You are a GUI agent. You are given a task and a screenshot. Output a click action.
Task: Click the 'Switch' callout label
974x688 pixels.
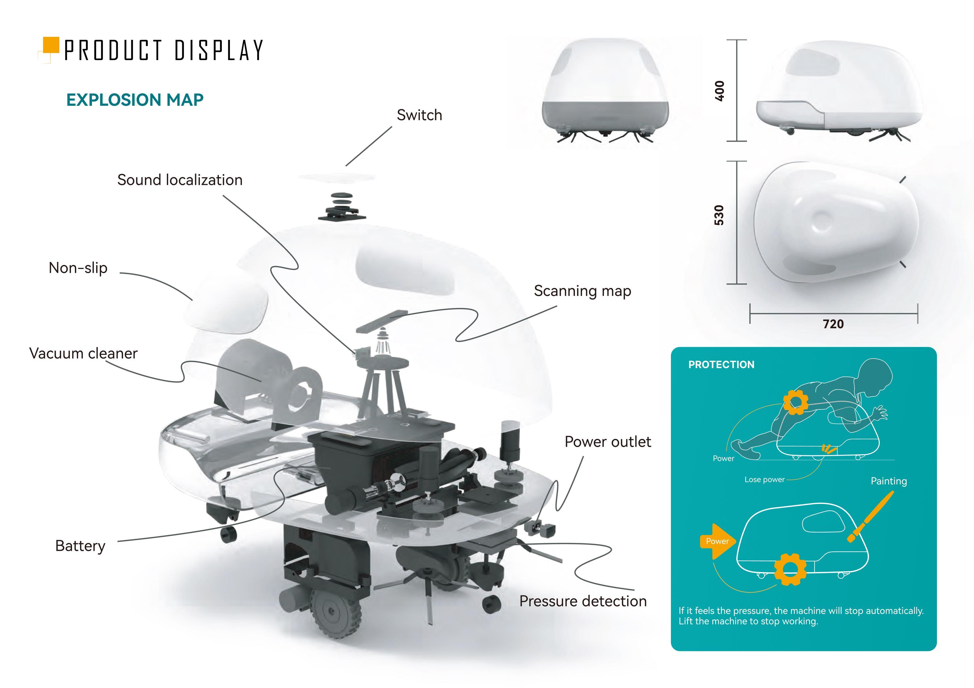[x=419, y=115]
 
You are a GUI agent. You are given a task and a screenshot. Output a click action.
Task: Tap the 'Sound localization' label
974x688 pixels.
[x=180, y=180]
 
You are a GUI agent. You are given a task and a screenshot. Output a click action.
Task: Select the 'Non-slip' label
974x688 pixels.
[x=78, y=268]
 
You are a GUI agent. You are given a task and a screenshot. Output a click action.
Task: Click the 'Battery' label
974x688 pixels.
[x=80, y=546]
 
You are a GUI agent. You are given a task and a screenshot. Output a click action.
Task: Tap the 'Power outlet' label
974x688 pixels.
[x=608, y=442]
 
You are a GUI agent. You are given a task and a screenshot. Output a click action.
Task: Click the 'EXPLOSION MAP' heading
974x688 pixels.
[x=135, y=100]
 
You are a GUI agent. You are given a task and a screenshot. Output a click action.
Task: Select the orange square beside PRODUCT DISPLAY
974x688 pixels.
[x=51, y=45]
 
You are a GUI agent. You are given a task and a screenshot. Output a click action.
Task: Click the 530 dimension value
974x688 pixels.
[x=719, y=215]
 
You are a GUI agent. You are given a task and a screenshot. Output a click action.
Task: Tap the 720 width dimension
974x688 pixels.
[x=833, y=324]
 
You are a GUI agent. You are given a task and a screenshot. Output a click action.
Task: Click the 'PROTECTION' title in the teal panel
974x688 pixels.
[x=721, y=365]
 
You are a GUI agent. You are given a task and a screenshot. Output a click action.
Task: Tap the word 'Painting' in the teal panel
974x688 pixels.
[x=889, y=481]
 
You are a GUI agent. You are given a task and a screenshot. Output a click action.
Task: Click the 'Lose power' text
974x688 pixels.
[x=764, y=479]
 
